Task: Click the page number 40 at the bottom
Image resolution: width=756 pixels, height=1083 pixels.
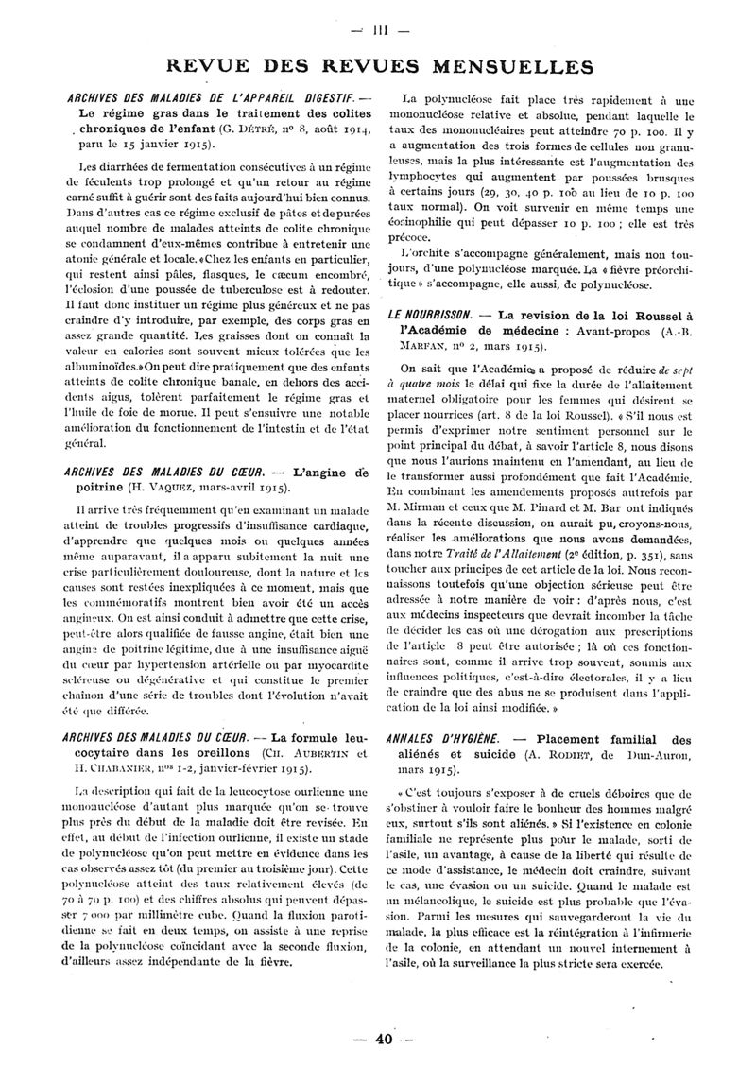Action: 383,1040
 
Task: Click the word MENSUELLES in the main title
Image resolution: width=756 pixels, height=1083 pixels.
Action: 518,67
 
